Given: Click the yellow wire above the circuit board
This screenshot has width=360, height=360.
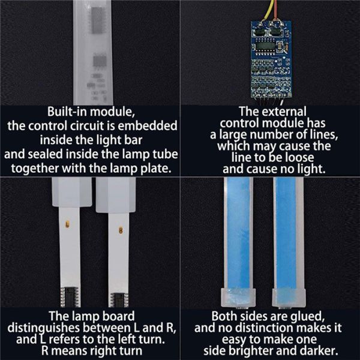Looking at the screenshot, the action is pos(269,10).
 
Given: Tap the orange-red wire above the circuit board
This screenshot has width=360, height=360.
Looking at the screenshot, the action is pos(275,11).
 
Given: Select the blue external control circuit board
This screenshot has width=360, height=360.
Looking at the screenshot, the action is pos(271,59).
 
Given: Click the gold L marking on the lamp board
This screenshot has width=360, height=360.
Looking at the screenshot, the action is pos(67,224).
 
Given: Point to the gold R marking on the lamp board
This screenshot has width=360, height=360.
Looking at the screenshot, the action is pos(121,230).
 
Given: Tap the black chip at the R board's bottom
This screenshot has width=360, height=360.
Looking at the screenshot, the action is pos(119,299).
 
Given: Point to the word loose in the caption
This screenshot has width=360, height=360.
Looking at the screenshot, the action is pos(299,157).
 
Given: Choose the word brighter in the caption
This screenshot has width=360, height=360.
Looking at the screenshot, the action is pos(251,351).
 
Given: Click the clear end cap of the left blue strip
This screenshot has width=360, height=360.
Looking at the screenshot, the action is pos(238,298).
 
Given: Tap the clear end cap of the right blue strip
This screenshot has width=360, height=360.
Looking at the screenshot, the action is pos(289,298).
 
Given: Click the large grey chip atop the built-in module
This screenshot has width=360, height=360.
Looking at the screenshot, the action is pos(98,20).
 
